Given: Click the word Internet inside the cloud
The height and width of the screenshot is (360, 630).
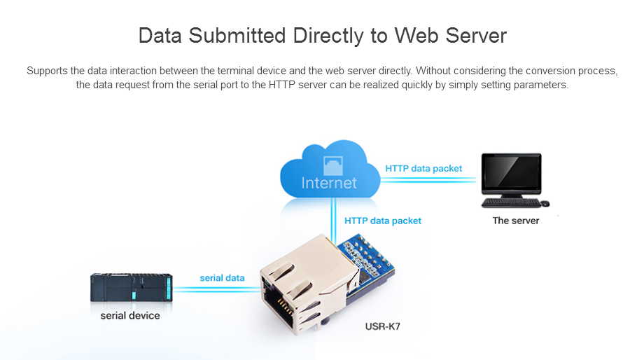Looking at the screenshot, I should pos(329,184).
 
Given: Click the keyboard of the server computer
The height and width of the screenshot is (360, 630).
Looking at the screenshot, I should pos(510,203).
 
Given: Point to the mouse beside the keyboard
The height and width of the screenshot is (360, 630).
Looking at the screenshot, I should pos(545,204).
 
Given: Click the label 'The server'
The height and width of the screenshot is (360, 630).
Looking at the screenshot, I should pos(515,221).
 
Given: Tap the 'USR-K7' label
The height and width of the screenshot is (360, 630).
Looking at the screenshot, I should pos(383,326).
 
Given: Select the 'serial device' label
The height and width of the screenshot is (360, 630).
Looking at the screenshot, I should pos(130,316).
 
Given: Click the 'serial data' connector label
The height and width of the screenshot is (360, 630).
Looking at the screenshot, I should pos(222,278).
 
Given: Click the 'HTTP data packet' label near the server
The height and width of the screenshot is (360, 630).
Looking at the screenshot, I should pos(423,169).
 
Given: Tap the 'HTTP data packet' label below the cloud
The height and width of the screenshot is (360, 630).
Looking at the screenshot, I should pos(383,221).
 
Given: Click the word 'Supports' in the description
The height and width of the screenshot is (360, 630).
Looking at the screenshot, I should pos(46,71).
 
